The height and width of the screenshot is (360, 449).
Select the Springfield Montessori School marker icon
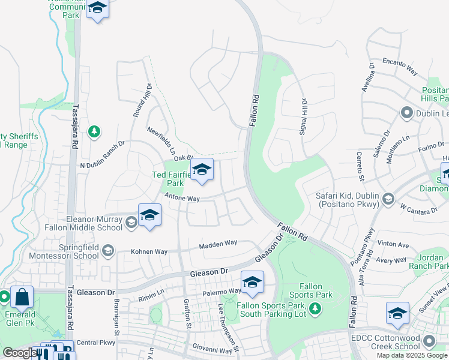click(108, 251)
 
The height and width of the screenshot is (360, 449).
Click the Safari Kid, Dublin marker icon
click(388, 199)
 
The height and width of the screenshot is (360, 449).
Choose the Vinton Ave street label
click(393, 245)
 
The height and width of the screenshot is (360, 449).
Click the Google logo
click(20, 353)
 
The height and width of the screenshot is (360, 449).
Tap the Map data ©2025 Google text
click(412, 355)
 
